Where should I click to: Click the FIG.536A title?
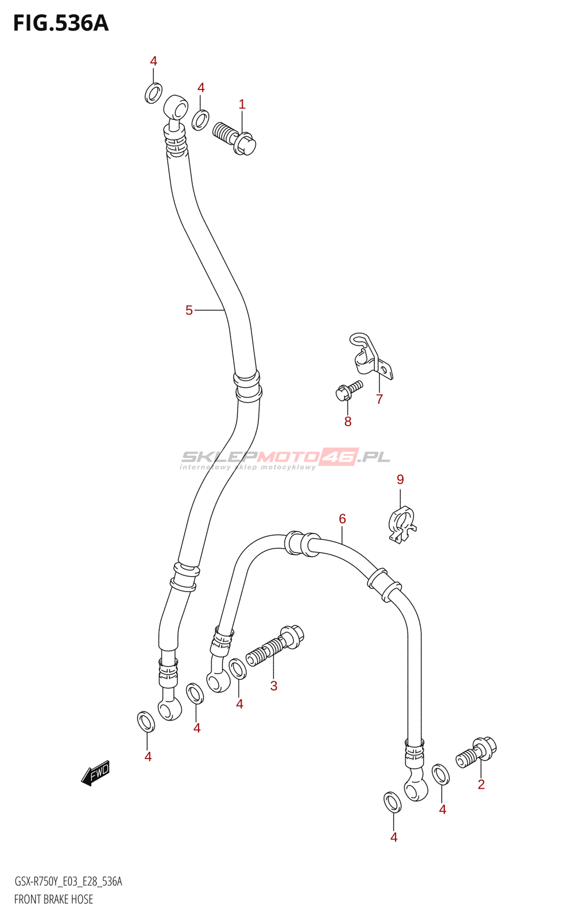[61, 24]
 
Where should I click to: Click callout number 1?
[242, 104]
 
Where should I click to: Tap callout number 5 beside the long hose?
[189, 310]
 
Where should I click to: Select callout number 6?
[342, 519]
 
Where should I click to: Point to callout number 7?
[379, 399]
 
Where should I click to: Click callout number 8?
[348, 422]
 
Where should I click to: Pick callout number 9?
[400, 479]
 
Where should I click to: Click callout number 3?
[274, 686]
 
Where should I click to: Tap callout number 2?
[481, 784]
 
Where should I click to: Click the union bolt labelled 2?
[477, 752]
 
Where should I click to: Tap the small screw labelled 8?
[348, 390]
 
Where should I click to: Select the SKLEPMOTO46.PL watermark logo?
[285, 458]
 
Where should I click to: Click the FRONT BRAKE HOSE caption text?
[53, 899]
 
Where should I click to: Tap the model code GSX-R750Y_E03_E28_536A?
[68, 881]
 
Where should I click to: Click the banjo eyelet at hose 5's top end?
[176, 108]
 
